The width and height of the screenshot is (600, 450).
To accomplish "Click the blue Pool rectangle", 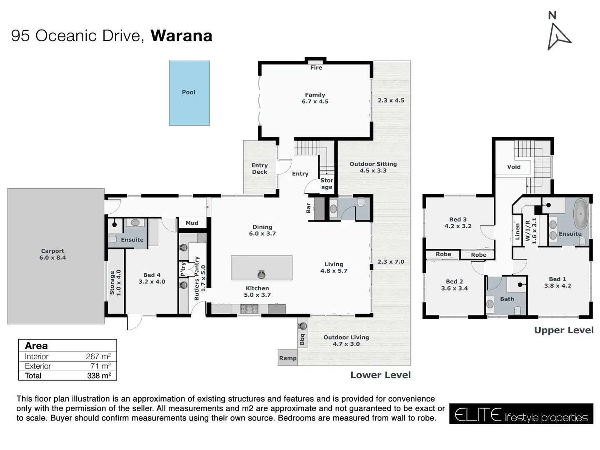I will pyautogui.click(x=189, y=93).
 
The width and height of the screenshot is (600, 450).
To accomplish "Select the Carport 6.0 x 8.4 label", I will pyautogui.click(x=52, y=254).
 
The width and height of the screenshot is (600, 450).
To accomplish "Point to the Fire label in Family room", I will pyautogui.click(x=316, y=67).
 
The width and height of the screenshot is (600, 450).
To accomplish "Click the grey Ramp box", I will pyautogui.click(x=287, y=358).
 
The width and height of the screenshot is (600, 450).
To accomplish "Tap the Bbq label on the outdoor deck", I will pyautogui.click(x=302, y=340).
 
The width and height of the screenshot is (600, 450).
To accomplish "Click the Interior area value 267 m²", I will pyautogui.click(x=98, y=357).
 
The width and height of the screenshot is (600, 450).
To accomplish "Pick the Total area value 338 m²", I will pyautogui.click(x=99, y=376).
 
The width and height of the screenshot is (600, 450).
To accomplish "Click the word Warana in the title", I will pyautogui.click(x=181, y=36).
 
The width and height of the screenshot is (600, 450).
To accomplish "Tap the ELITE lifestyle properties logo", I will pyautogui.click(x=521, y=414).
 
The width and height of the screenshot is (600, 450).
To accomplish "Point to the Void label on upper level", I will pyautogui.click(x=514, y=167).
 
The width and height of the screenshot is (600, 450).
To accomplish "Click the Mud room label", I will pyautogui.click(x=192, y=223).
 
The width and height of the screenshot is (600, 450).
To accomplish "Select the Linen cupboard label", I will pyautogui.click(x=517, y=231).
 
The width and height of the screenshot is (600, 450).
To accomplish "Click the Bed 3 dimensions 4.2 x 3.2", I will pyautogui.click(x=458, y=226).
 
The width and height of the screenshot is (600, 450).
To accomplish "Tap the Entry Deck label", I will pyautogui.click(x=260, y=169).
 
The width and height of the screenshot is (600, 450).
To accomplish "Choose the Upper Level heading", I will pyautogui.click(x=564, y=330).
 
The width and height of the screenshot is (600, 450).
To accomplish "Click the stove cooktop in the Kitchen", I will pyautogui.click(x=249, y=309).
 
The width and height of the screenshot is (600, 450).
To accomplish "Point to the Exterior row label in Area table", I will pyautogui.click(x=38, y=366).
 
